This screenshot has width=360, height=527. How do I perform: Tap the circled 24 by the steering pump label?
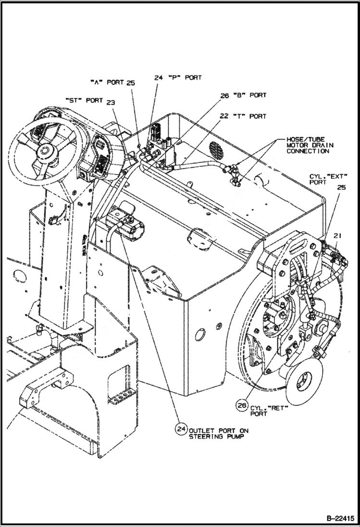181,429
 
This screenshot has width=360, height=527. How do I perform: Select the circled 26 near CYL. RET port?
242,405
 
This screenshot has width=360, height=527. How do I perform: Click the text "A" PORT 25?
112,83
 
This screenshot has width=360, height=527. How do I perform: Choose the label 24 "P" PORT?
177,77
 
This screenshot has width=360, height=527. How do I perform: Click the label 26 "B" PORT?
243,95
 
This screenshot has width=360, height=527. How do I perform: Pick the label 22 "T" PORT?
243,116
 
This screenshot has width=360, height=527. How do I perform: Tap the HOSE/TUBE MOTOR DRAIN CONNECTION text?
310,145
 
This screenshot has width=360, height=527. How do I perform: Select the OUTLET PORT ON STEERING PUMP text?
218,433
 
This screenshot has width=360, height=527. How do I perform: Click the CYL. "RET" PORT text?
269,410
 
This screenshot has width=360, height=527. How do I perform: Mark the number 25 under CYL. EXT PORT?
341,187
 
